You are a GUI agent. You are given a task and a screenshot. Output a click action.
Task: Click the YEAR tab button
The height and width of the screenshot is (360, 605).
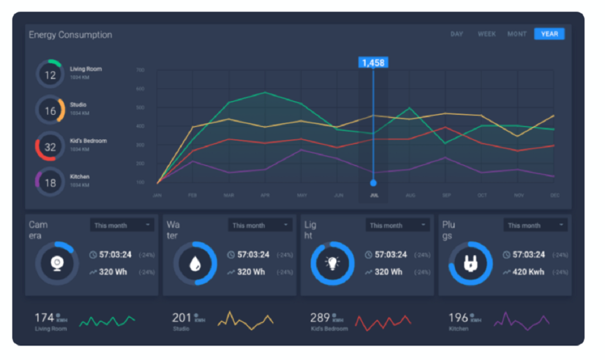click(x=549, y=34)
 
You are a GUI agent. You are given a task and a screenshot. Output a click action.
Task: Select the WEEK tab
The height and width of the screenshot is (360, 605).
click(x=487, y=34)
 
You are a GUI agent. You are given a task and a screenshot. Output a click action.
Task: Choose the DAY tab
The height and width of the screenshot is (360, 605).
click(x=457, y=34)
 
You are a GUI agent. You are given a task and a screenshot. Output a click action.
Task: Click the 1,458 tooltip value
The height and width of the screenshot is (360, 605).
click(x=373, y=63)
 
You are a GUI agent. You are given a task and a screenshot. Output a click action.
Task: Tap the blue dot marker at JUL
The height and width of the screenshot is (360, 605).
click(x=373, y=183)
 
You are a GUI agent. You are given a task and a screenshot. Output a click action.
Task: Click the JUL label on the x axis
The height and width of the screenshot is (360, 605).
click(x=374, y=195)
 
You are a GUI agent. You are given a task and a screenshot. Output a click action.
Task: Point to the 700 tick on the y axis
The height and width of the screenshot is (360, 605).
click(x=140, y=70)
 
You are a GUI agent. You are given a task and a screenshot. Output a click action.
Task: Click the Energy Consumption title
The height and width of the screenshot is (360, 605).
click(x=70, y=35)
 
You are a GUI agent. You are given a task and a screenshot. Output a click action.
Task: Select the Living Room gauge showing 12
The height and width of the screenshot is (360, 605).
click(x=50, y=75)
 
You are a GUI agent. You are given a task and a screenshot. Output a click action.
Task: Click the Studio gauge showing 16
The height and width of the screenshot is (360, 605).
click(x=50, y=111)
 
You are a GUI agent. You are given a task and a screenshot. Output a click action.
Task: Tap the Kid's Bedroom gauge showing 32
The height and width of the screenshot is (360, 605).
click(x=50, y=147)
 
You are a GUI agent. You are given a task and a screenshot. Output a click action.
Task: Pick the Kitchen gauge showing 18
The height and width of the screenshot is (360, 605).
click(x=50, y=182)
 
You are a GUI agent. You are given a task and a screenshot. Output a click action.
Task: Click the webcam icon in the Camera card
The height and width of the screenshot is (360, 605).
click(x=57, y=263)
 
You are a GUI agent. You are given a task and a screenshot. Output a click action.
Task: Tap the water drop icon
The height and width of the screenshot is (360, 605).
click(x=195, y=263)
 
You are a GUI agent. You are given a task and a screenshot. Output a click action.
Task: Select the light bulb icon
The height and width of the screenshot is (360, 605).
click(x=333, y=263)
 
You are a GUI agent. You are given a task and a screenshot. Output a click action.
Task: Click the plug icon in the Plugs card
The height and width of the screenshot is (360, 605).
click(x=470, y=263)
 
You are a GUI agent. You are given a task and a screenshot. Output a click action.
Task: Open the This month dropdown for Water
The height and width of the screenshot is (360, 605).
click(x=260, y=225)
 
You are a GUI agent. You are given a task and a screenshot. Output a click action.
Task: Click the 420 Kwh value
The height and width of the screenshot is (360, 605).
click(x=528, y=272)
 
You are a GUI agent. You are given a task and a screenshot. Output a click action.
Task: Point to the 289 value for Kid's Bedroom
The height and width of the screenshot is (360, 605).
click(x=320, y=318)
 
